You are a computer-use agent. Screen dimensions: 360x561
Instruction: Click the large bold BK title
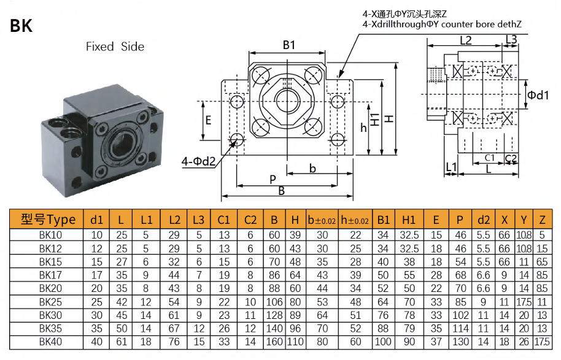point(21,26)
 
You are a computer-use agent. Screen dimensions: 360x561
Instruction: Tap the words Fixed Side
point(115,47)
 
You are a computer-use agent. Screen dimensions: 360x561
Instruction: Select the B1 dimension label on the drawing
point(289,45)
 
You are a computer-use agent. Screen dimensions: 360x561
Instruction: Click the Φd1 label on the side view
point(538,95)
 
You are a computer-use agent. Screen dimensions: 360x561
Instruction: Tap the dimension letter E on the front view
point(208,120)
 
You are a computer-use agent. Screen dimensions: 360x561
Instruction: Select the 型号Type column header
point(48,219)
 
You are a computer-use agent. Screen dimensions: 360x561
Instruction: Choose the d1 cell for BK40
point(97,342)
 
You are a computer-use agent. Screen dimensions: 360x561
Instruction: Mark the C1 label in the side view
point(489,158)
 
